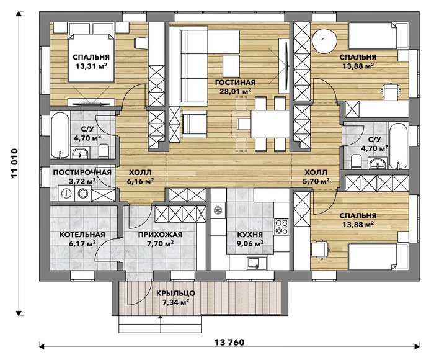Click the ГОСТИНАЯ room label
pyautogui.click(x=235, y=83)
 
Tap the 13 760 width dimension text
pyautogui.click(x=229, y=343)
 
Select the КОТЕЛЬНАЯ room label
pyautogui.click(x=82, y=235)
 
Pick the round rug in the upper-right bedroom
pyautogui.click(x=325, y=41)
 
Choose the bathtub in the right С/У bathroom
pyautogui.click(x=398, y=146)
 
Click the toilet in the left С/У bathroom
pyautogui.click(x=104, y=151)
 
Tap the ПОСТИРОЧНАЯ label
pyautogui.click(x=82, y=173)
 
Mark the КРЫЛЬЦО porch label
pyautogui.click(x=175, y=293)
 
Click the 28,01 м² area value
pyautogui.click(x=235, y=91)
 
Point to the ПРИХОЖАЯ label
pyautogui.click(x=160, y=235)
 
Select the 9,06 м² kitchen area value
pyautogui.click(x=250, y=243)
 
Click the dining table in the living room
pyautogui.click(x=270, y=124)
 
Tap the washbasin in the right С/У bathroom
pyautogui.click(x=378, y=163)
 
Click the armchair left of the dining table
pyautogui.click(x=194, y=124)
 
